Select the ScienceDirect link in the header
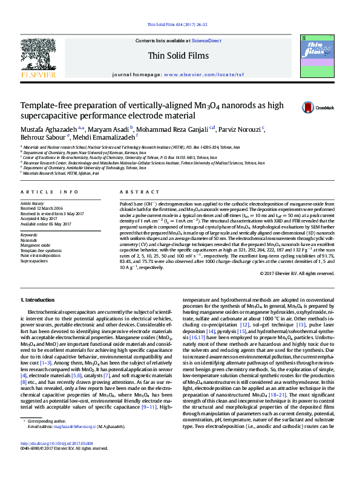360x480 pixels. [206, 41]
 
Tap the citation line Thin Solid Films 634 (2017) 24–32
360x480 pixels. [177, 25]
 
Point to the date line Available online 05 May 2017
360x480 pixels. [45, 224]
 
